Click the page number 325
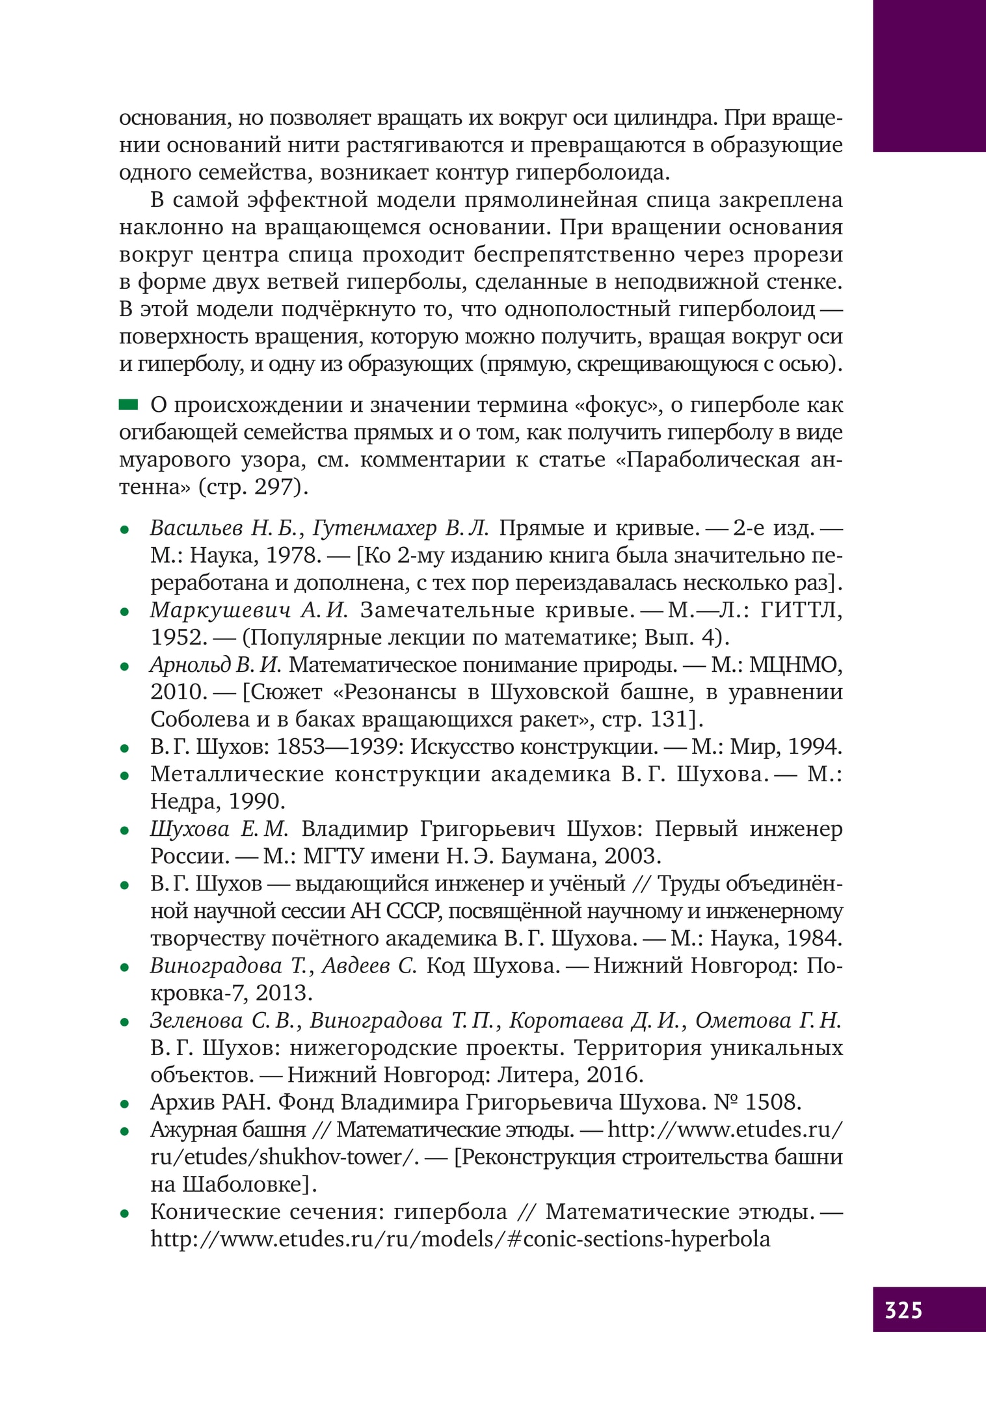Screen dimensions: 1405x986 point(903,1309)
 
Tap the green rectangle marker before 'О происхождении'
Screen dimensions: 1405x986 point(128,405)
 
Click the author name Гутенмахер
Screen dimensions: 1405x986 point(375,528)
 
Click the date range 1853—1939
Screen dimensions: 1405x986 point(338,747)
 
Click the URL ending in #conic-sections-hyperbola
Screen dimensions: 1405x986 point(460,1238)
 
